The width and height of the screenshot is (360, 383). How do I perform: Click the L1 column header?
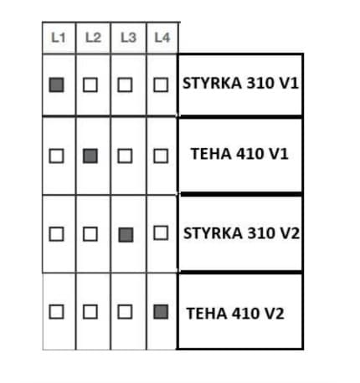[59, 38]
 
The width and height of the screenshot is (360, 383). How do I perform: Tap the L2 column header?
[93, 38]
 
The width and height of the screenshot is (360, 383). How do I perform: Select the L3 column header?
[128, 38]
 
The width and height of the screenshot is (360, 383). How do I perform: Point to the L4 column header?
[162, 38]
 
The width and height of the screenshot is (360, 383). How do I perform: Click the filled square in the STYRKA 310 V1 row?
[56, 84]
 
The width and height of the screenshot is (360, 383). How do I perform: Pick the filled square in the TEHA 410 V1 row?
[90, 156]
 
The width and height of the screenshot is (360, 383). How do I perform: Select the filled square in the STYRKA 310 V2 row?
[126, 235]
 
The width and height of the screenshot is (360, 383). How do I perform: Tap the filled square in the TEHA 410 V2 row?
[161, 312]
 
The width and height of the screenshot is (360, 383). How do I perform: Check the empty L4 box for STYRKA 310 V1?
[161, 84]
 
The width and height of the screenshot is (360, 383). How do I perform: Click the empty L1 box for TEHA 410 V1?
[56, 156]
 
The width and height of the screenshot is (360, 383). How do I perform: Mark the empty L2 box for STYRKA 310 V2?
[90, 234]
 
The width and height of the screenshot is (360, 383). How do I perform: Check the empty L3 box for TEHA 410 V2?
[125, 312]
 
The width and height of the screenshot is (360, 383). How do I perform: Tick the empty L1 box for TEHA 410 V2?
[56, 312]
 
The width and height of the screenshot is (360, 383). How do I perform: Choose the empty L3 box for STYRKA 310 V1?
[125, 84]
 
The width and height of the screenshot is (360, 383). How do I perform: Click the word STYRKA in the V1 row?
[212, 83]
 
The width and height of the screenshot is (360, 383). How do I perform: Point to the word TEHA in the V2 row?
[207, 314]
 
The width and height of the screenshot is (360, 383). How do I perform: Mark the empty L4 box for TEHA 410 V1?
[161, 156]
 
